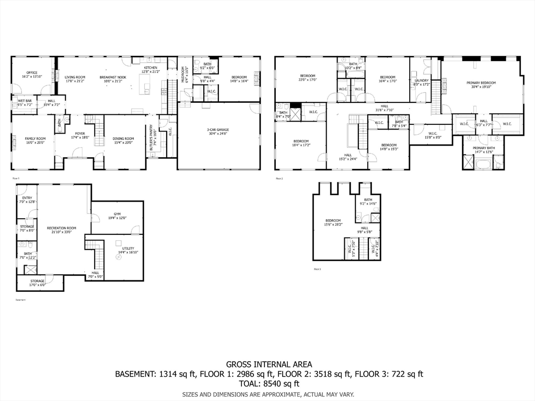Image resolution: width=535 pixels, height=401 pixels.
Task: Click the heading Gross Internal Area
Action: [x=269, y=364]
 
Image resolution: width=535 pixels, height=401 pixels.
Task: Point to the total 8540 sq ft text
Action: [x=269, y=383]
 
